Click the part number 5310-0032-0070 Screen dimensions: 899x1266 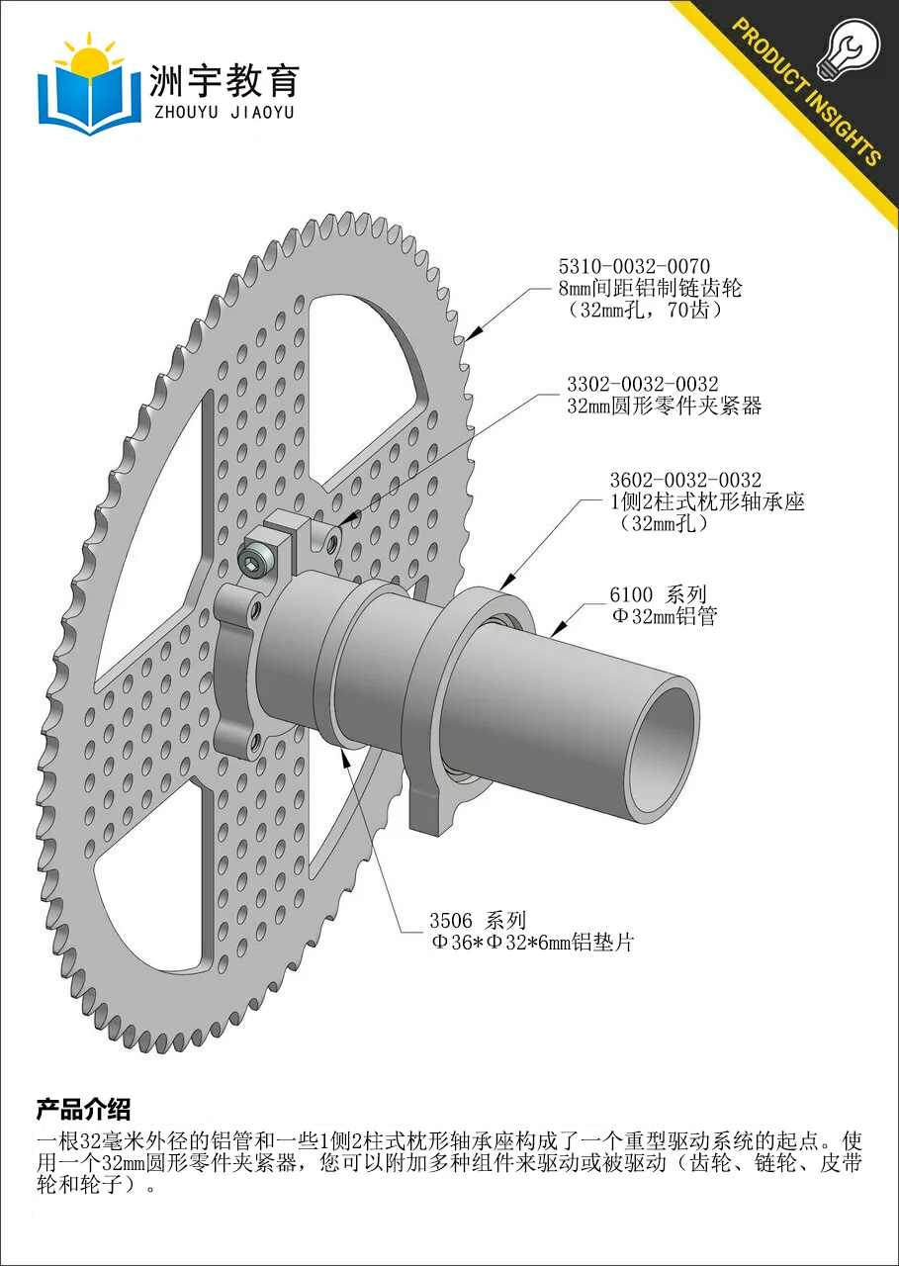(634, 266)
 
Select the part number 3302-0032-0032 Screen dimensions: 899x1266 (643, 385)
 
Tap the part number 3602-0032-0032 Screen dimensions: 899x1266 (685, 481)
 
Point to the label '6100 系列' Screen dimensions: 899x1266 (658, 594)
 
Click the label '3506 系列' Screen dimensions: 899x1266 (478, 921)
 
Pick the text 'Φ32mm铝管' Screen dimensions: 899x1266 (665, 616)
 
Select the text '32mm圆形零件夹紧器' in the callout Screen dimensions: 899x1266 (665, 406)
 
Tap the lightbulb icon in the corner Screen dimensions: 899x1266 (850, 49)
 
